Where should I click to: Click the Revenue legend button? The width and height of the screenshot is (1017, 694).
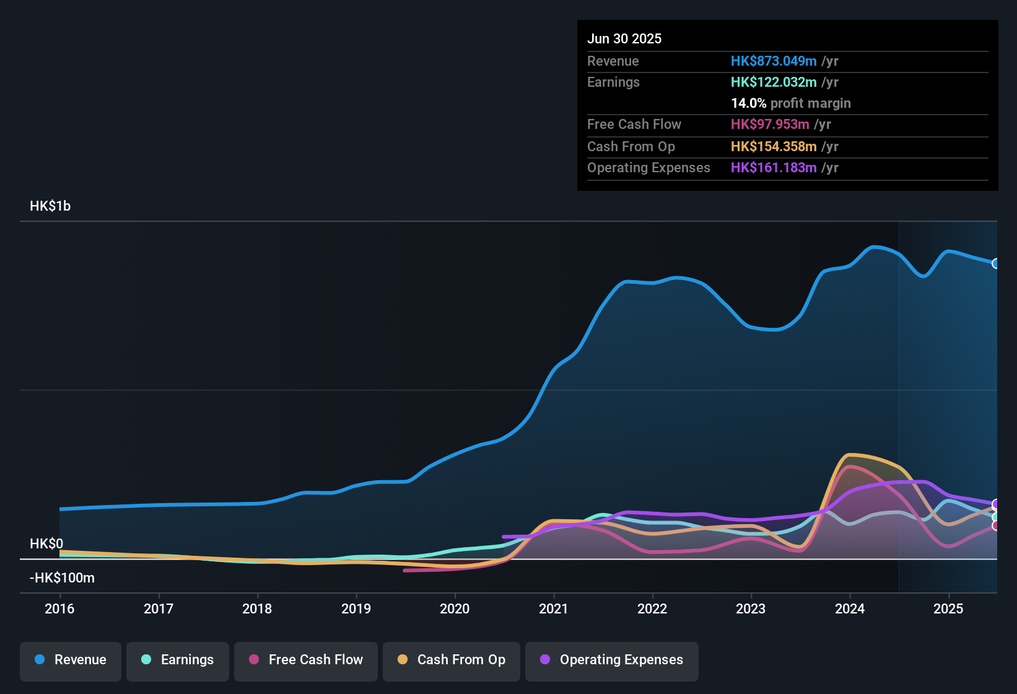pyautogui.click(x=71, y=660)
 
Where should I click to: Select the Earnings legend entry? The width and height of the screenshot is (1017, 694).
pyautogui.click(x=178, y=660)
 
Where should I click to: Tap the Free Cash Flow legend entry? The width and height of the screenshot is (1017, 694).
pyautogui.click(x=306, y=660)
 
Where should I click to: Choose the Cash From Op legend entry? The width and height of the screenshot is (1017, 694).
pyautogui.click(x=452, y=660)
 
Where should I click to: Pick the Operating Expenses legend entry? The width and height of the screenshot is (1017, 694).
pyautogui.click(x=612, y=660)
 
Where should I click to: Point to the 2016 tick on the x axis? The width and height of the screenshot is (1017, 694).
pyautogui.click(x=59, y=608)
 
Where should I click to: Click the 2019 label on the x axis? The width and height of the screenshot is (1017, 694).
pyautogui.click(x=356, y=608)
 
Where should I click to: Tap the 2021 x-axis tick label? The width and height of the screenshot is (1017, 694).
pyautogui.click(x=554, y=608)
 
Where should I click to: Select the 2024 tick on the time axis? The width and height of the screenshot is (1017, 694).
pyautogui.click(x=850, y=608)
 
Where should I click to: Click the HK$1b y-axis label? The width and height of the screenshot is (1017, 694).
pyautogui.click(x=50, y=206)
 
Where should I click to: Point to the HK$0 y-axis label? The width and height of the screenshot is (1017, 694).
pyautogui.click(x=46, y=543)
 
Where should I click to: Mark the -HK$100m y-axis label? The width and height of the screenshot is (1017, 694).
pyautogui.click(x=62, y=578)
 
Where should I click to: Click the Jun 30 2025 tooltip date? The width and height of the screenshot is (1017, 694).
pyautogui.click(x=624, y=38)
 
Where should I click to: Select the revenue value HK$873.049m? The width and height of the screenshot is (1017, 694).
pyautogui.click(x=774, y=61)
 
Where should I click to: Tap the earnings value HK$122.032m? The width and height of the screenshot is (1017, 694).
pyautogui.click(x=774, y=82)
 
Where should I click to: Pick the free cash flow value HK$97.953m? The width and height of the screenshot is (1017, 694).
pyautogui.click(x=770, y=124)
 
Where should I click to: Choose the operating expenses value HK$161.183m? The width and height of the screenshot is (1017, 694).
pyautogui.click(x=774, y=167)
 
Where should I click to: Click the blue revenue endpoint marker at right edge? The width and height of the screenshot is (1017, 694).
pyautogui.click(x=996, y=263)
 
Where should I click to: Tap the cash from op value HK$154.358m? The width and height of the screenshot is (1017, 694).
pyautogui.click(x=774, y=146)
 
